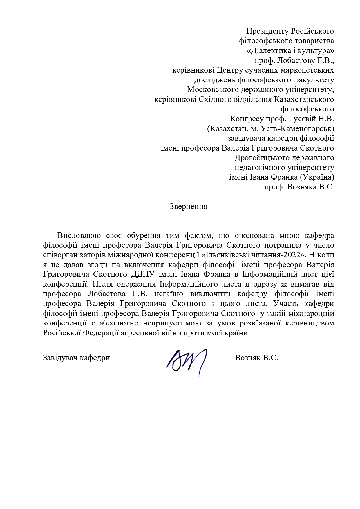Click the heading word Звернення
(x=188, y=207)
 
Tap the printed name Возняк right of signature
(x=247, y=358)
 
